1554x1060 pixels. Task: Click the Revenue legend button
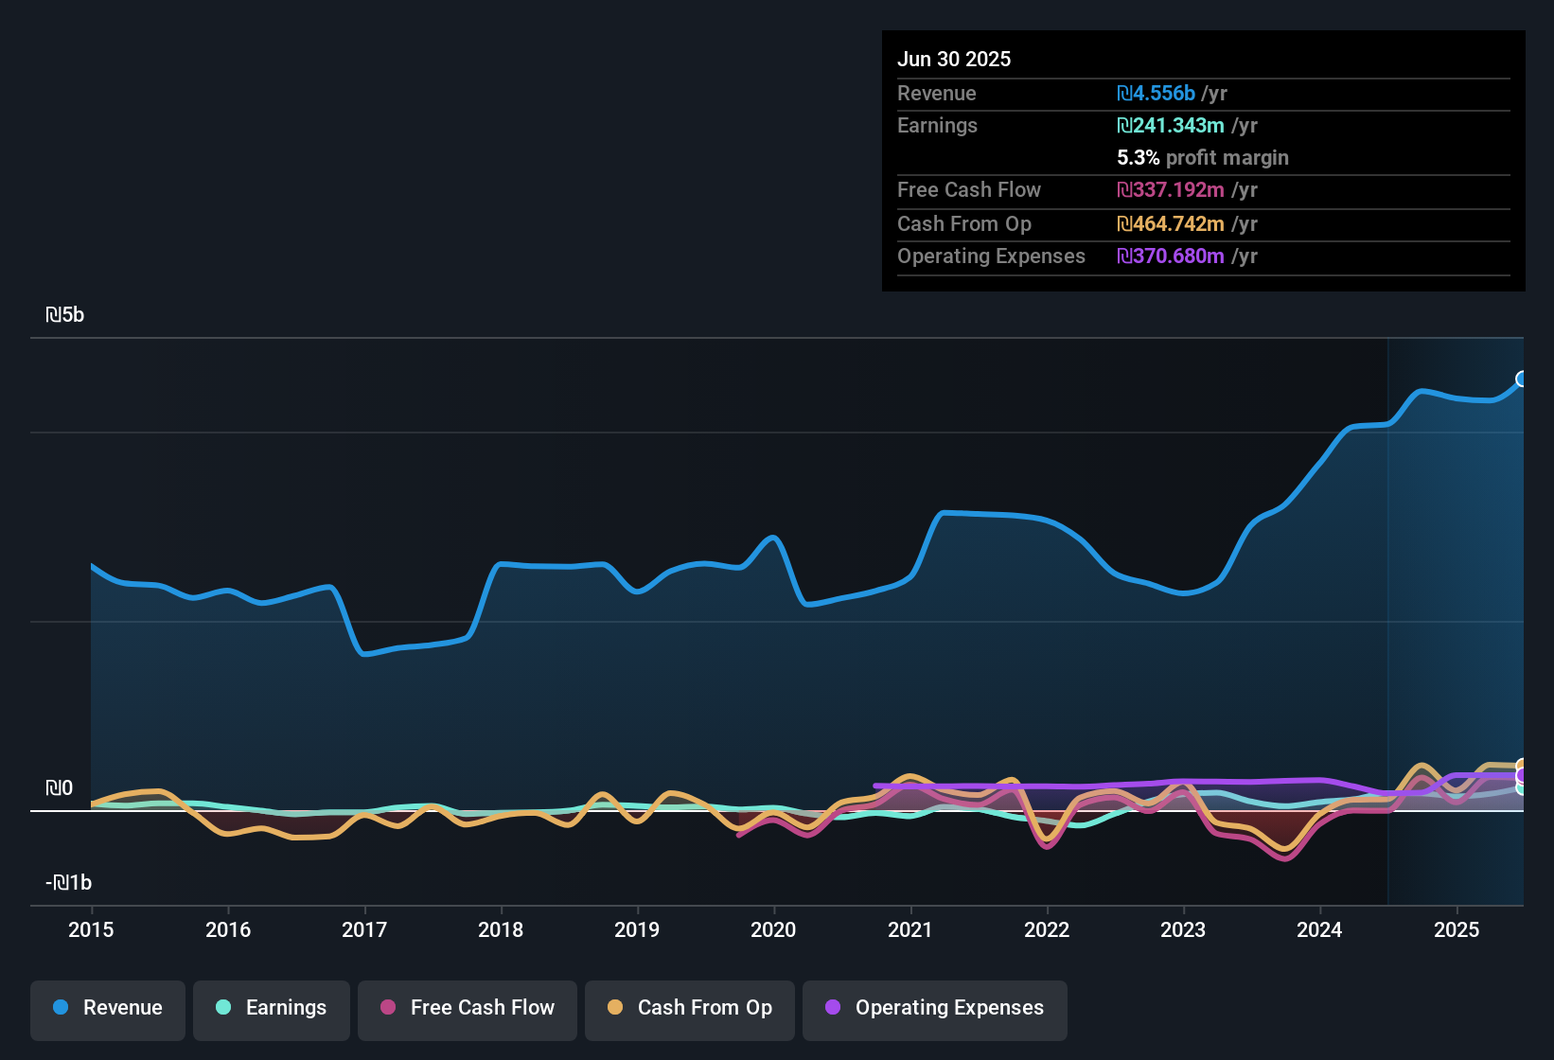coord(108,1008)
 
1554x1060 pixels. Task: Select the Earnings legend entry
coord(272,1008)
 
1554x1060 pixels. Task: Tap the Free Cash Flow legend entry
coord(468,1008)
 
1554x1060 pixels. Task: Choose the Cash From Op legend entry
coord(690,1008)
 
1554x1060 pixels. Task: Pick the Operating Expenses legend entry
coord(935,1008)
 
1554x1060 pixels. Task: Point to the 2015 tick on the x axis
coord(91,929)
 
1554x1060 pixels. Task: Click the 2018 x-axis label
coord(501,929)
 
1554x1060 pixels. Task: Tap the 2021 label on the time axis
coord(910,929)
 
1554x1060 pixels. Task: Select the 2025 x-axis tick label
coord(1457,929)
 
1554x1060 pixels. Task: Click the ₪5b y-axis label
coord(65,315)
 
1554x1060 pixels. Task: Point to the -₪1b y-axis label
coord(69,883)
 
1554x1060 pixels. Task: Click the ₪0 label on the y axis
coord(59,788)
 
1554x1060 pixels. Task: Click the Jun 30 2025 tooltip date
coord(954,59)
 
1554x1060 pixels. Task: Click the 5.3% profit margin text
coord(1202,158)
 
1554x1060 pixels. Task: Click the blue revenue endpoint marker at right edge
coord(1521,380)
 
